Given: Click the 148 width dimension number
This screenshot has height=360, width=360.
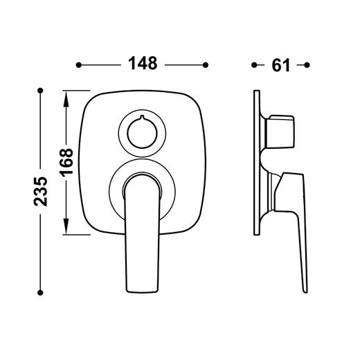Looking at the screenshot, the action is (x=143, y=63).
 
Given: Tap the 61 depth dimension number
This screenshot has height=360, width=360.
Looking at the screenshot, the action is (x=280, y=65).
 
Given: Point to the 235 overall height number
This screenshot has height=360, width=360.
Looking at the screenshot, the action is (x=41, y=191).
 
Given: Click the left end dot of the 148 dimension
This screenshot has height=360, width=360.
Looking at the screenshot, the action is (x=79, y=65).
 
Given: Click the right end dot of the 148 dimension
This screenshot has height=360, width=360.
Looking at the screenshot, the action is (x=206, y=65).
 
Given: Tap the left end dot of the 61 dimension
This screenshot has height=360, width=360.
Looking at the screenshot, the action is (x=254, y=65).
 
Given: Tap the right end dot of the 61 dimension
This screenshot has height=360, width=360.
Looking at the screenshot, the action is (x=307, y=65).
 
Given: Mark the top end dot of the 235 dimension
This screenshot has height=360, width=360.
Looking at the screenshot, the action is (x=40, y=90).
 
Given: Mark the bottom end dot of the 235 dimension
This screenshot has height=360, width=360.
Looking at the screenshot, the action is (x=40, y=293).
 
